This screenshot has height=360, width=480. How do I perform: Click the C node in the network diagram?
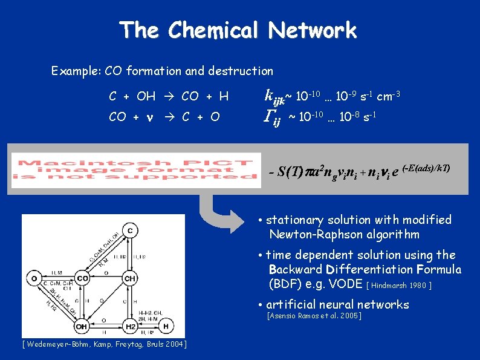pos(130,231)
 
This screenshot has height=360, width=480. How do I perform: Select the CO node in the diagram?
pos(82,279)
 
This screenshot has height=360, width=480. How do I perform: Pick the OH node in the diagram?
pos(82,327)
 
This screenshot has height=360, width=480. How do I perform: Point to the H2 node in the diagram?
pos(130,327)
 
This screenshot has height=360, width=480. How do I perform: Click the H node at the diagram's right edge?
pos(166,327)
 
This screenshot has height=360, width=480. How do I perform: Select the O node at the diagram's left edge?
pos(34,279)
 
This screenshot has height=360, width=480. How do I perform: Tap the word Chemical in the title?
pos(215,30)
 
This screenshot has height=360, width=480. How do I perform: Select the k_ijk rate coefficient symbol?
pos(275,96)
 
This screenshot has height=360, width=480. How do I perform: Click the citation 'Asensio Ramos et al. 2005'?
pos(314,316)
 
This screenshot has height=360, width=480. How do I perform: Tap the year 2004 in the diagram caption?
pos(174,344)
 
